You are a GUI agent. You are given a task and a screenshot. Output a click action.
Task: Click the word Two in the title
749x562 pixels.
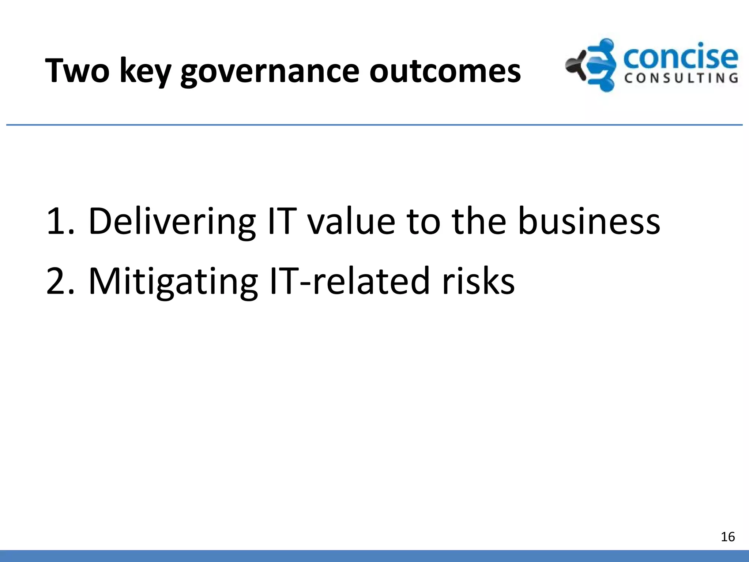click(x=77, y=71)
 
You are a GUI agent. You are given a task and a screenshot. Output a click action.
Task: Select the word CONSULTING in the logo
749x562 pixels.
click(x=681, y=78)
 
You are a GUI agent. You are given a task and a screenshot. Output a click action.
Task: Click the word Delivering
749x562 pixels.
click(x=172, y=221)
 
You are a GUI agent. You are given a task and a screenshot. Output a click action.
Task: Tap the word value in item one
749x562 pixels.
click(x=351, y=222)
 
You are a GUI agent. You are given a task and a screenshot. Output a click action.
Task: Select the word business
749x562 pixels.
click(x=589, y=221)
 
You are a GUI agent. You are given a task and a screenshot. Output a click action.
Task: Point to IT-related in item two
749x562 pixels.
click(x=349, y=281)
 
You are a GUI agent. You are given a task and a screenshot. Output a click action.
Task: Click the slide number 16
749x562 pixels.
click(x=727, y=537)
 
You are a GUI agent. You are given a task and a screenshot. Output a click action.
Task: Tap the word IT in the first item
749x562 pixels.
click(x=282, y=221)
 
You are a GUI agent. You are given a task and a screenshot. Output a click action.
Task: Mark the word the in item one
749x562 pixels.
click(x=479, y=221)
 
